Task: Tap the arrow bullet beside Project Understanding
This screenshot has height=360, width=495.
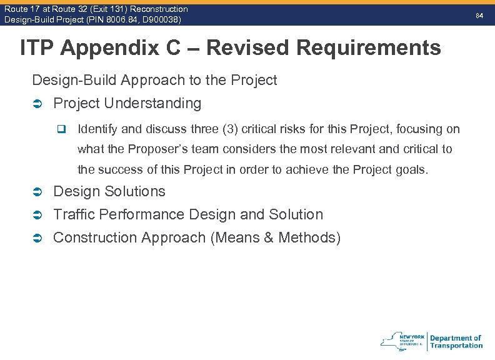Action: pos(37,104)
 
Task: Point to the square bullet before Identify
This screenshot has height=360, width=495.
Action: pos(61,130)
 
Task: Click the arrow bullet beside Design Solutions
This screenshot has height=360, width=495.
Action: pos(37,192)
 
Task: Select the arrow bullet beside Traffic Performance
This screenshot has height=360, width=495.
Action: pos(37,215)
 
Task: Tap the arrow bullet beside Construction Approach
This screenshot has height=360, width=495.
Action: pos(37,238)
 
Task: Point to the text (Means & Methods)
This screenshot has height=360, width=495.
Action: pos(275,237)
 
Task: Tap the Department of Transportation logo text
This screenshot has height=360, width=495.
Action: pos(456,341)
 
